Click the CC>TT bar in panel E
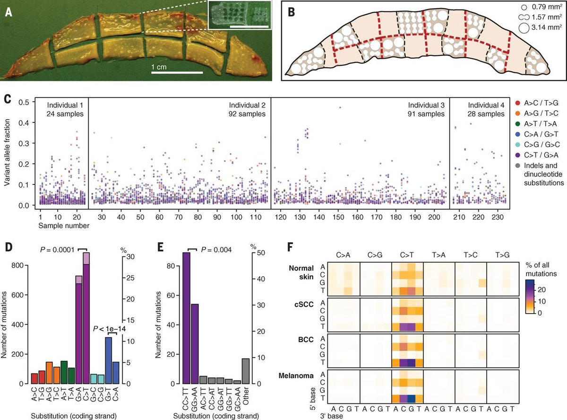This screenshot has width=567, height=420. tap(187, 318)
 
